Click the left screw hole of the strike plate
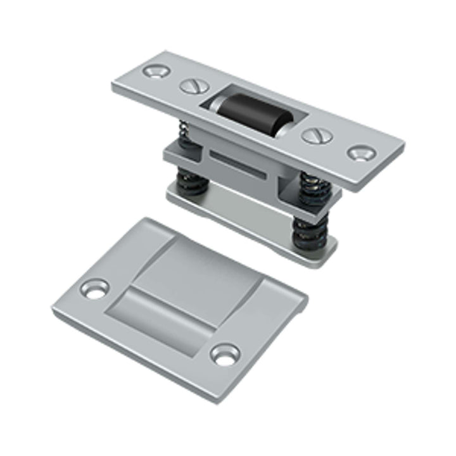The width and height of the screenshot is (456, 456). click(x=96, y=290)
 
